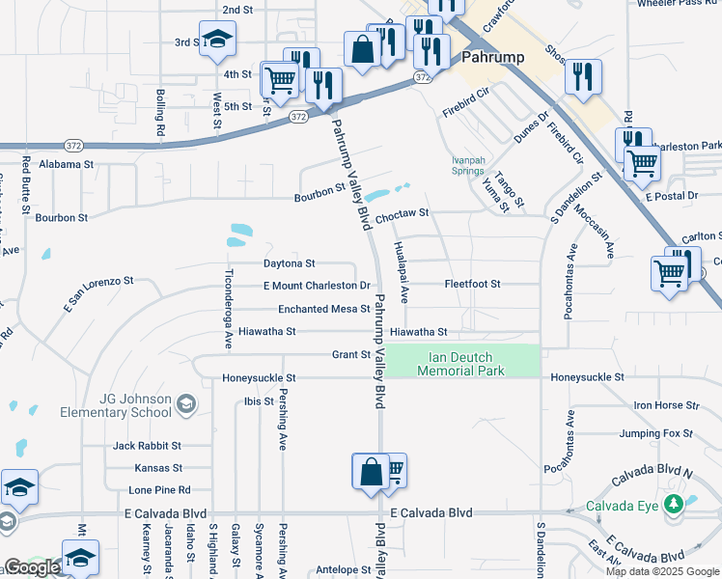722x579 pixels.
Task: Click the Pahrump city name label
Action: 492,57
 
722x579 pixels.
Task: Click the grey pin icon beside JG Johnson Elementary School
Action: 187,405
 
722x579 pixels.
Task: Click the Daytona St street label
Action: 290,263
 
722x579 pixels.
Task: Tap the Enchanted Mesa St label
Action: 323,309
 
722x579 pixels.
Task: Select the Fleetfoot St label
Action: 472,285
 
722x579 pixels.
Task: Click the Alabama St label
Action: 67,165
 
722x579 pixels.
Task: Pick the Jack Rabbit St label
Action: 147,446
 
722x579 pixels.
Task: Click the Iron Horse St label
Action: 665,406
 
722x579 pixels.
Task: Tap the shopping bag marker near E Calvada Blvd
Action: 371,473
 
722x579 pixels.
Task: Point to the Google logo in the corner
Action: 32,567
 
